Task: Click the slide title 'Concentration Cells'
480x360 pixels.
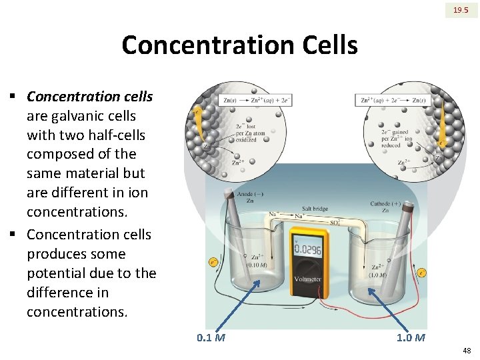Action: click(x=239, y=46)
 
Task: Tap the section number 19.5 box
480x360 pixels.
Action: click(x=461, y=10)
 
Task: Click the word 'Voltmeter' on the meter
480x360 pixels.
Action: click(x=307, y=279)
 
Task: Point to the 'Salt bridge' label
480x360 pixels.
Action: click(x=315, y=209)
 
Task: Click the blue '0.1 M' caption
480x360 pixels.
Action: click(x=211, y=337)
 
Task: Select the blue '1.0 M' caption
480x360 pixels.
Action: click(x=411, y=337)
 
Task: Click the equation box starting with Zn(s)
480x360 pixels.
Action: click(x=255, y=100)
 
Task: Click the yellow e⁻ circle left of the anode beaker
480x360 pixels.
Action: click(x=213, y=262)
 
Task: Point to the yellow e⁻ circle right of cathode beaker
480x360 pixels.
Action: click(x=421, y=273)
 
